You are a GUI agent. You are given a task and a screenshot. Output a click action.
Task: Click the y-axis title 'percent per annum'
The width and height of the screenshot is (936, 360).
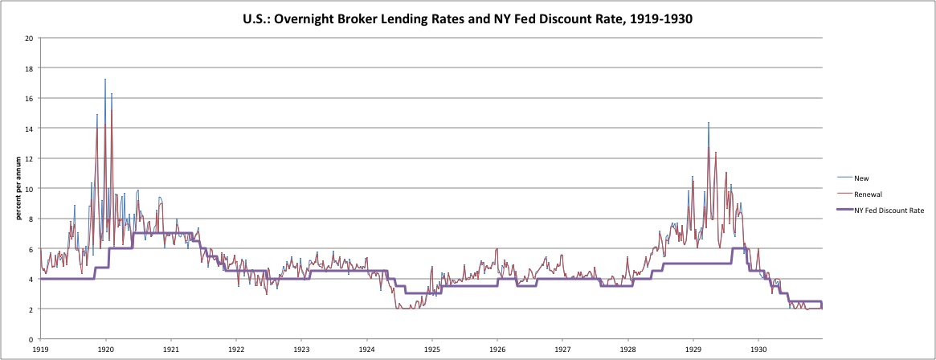pyautogui.click(x=18, y=188)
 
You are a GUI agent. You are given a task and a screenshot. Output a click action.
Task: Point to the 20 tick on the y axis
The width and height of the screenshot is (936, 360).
pyautogui.click(x=29, y=38)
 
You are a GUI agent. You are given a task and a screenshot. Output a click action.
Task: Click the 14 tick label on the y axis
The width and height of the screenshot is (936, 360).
pyautogui.click(x=29, y=129)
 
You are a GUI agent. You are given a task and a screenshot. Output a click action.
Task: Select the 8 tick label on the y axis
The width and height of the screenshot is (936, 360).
pyautogui.click(x=31, y=219)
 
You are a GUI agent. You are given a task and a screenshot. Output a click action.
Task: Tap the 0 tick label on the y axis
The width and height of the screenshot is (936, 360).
pyautogui.click(x=31, y=339)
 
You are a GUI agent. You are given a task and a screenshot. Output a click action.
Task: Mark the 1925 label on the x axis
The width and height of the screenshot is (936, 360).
pyautogui.click(x=432, y=351)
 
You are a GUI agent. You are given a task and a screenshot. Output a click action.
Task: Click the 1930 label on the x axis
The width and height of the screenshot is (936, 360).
pyautogui.click(x=758, y=351)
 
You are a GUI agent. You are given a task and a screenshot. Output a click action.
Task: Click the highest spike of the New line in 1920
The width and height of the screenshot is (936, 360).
pyautogui.click(x=105, y=80)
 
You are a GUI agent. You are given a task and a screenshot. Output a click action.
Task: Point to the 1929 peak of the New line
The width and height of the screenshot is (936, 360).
pyautogui.click(x=709, y=123)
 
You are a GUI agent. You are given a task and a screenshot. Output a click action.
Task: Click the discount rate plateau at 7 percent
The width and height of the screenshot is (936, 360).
pyautogui.click(x=165, y=233)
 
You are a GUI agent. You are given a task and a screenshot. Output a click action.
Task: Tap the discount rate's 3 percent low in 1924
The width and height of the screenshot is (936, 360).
pyautogui.click(x=413, y=293)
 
